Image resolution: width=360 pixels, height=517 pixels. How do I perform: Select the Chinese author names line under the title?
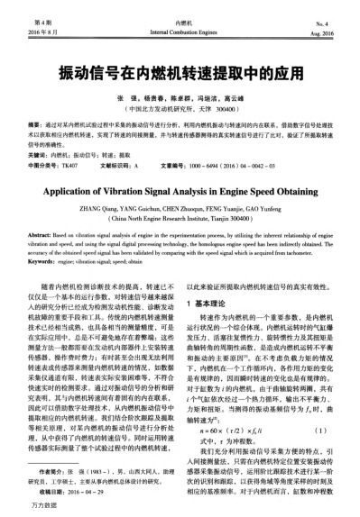(180, 95)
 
